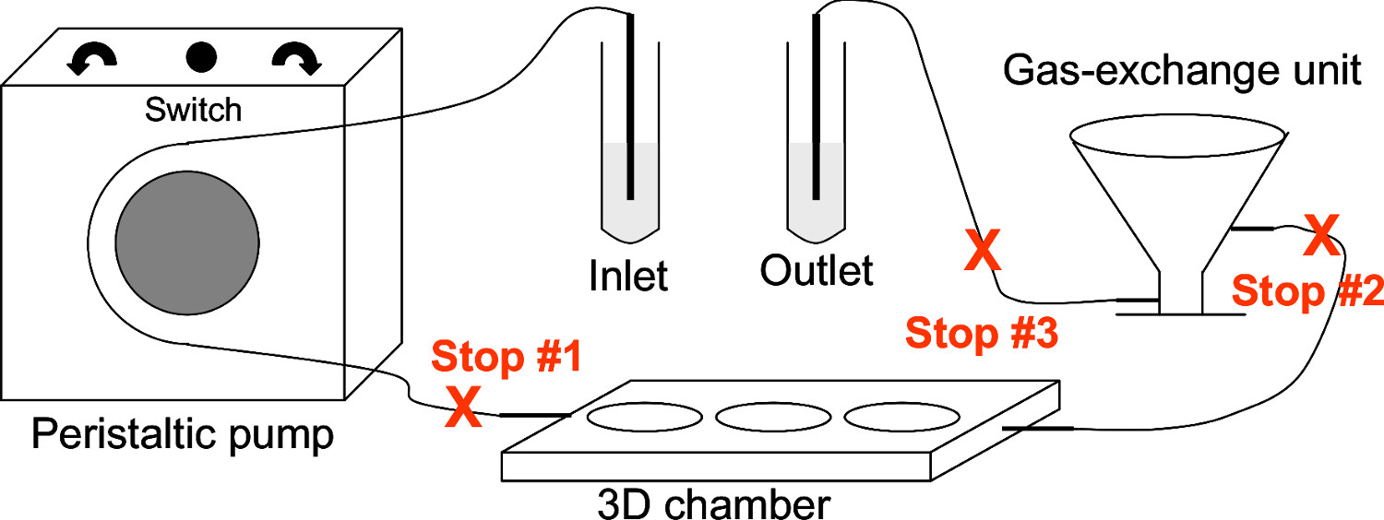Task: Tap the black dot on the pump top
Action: pyautogui.click(x=200, y=58)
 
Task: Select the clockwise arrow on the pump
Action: pyautogui.click(x=297, y=59)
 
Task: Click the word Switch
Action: pyautogui.click(x=194, y=111)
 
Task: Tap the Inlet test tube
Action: pyautogui.click(x=630, y=184)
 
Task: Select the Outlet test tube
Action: pyautogui.click(x=816, y=184)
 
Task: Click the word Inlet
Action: pyautogui.click(x=628, y=274)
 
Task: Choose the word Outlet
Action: pyautogui.click(x=817, y=271)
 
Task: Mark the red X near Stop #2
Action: pyautogui.click(x=1320, y=237)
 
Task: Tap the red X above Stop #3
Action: pyautogui.click(x=982, y=250)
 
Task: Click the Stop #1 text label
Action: pyautogui.click(x=507, y=358)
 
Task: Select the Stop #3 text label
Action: pyautogui.click(x=980, y=334)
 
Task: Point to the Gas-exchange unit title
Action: pyautogui.click(x=1183, y=70)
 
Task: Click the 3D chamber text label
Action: pyautogui.click(x=713, y=505)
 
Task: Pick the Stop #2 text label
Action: pyautogui.click(x=1307, y=292)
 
